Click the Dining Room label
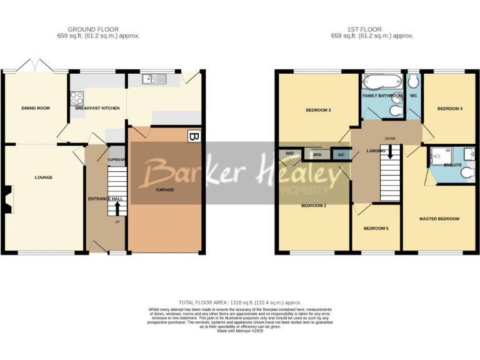coord(36,108)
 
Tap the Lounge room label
coord(43,177)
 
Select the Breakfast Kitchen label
coord(97,108)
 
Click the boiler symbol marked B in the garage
coord(194,136)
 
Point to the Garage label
coord(165,189)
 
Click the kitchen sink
coord(153,79)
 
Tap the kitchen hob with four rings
coord(78,98)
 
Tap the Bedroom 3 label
coord(317,111)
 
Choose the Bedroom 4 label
coord(449,109)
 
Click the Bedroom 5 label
coord(376,229)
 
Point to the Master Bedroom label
coord(439,219)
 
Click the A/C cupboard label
coord(341,154)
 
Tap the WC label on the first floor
coord(413,96)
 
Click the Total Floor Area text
coord(240,302)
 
